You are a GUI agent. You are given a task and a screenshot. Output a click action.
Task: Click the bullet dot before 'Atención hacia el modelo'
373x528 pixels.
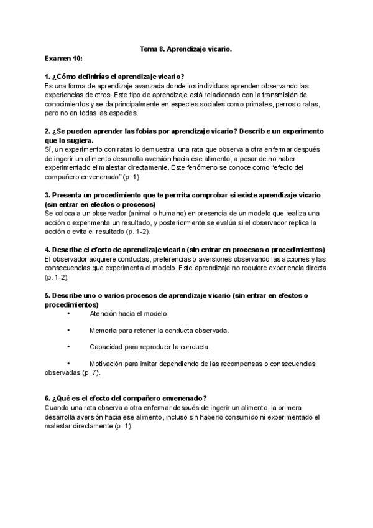coord(68,314)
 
